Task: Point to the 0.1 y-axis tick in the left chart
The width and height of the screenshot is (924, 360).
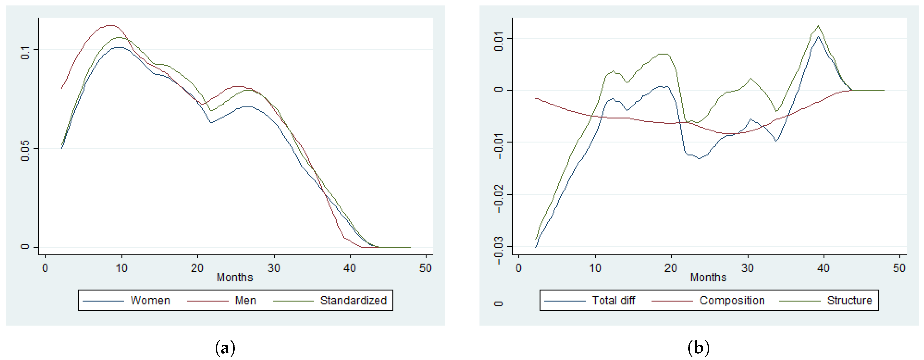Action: pos(25,53)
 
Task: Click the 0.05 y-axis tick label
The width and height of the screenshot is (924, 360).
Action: pos(25,150)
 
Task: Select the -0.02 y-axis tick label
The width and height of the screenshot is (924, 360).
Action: pos(499,199)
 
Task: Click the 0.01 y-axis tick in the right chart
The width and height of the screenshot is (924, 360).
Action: pos(499,43)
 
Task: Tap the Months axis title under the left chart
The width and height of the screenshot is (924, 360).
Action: pos(235,277)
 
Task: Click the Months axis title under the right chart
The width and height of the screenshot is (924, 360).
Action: pos(708,277)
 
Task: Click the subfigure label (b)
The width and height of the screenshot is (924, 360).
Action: pos(698,347)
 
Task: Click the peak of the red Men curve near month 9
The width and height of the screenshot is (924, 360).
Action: pos(111,26)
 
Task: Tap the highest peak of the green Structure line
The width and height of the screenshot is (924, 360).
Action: pos(818,26)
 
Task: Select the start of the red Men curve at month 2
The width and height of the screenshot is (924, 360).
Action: pos(62,88)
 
